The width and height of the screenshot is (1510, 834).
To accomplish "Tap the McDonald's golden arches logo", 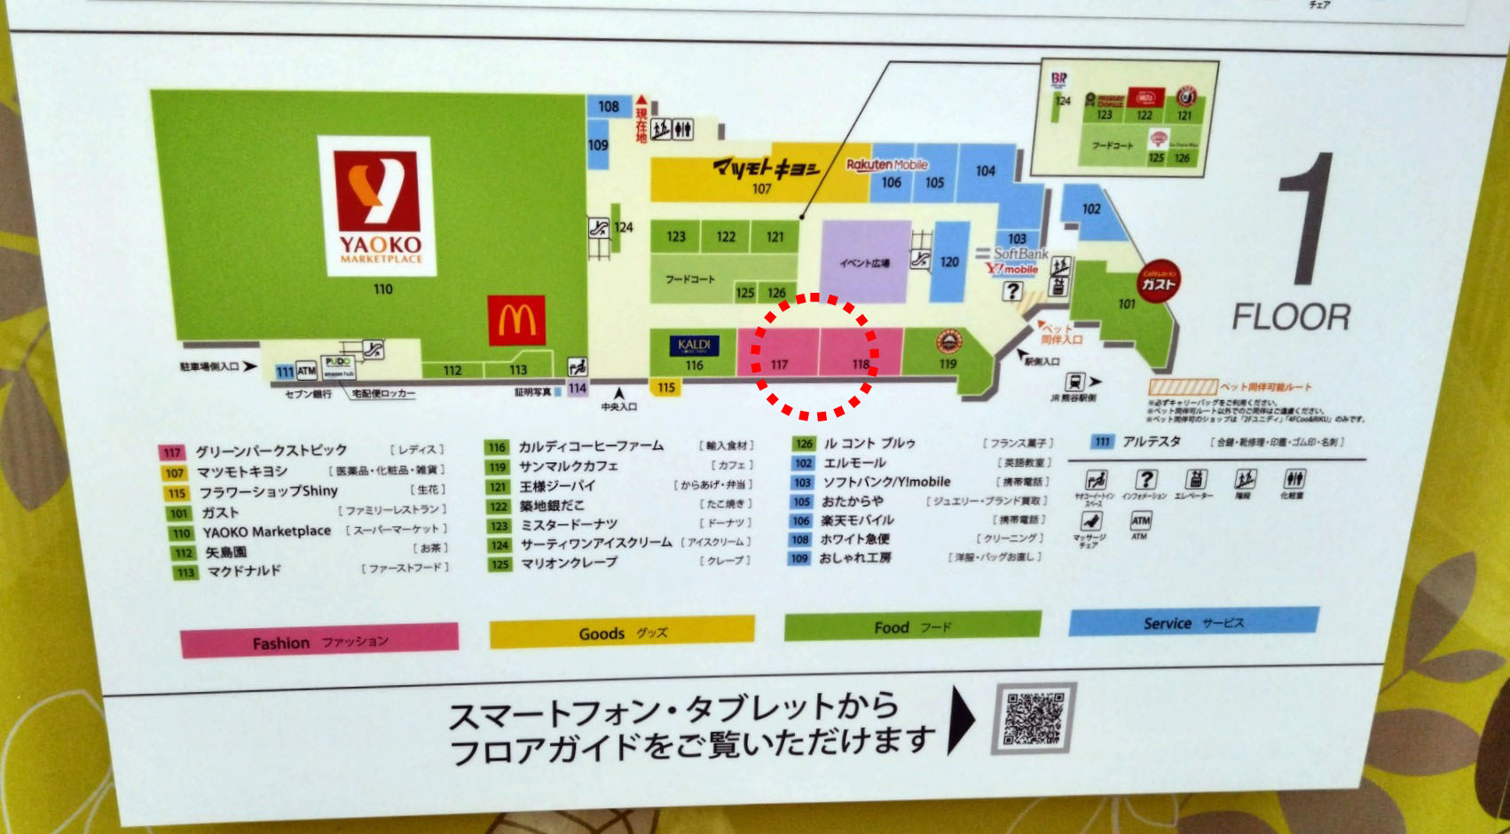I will pyautogui.click(x=516, y=320).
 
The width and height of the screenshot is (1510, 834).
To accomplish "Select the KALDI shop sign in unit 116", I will pyautogui.click(x=694, y=345).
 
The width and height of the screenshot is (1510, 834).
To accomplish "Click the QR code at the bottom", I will pyautogui.click(x=1034, y=718).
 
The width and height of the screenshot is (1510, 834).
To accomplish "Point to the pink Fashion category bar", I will pyautogui.click(x=319, y=641).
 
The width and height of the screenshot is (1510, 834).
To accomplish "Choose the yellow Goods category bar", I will pyautogui.click(x=622, y=633).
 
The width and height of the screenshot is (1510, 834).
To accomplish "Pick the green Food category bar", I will pyautogui.click(x=912, y=626).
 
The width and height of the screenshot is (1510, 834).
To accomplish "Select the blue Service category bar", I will pyautogui.click(x=1193, y=623).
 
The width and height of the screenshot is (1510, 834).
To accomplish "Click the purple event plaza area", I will pyautogui.click(x=865, y=262).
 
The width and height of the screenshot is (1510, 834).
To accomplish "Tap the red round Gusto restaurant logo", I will pyautogui.click(x=1158, y=284).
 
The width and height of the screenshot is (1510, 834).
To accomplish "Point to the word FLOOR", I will pyautogui.click(x=1291, y=318).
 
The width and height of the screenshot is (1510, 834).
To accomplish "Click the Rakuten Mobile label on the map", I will pyautogui.click(x=886, y=165).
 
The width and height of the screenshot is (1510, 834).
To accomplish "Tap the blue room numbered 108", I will pyautogui.click(x=609, y=106).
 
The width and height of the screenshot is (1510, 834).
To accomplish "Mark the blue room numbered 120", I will pyautogui.click(x=949, y=262).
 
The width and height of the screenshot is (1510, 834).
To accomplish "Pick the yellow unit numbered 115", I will pyautogui.click(x=666, y=387).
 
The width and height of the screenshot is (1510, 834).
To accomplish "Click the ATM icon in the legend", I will pyautogui.click(x=1140, y=521).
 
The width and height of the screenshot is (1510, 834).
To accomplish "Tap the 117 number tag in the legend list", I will pyautogui.click(x=172, y=452).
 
